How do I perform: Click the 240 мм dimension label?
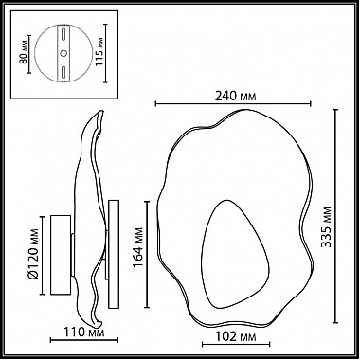pyautogui.click(x=235, y=96)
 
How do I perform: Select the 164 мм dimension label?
pyautogui.click(x=137, y=247)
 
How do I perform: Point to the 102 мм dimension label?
pyautogui.click(x=236, y=337)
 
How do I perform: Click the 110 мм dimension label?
pyautogui.click(x=84, y=333)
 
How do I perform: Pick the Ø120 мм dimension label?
pyautogui.click(x=33, y=254)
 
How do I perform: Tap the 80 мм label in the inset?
pyautogui.click(x=23, y=54)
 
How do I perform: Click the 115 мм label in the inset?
pyautogui.click(x=99, y=53)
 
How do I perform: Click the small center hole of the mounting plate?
pyautogui.click(x=63, y=54)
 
